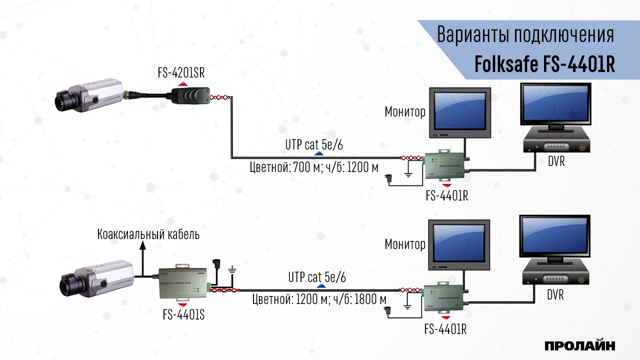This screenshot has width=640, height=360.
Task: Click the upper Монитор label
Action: click(x=405, y=112)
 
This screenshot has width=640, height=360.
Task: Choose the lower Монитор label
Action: click(x=405, y=244)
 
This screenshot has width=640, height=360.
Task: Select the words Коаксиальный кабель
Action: click(x=148, y=234)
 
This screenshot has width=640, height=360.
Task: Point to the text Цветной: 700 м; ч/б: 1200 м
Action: click(x=314, y=167)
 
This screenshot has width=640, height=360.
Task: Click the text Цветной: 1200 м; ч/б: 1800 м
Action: click(x=319, y=299)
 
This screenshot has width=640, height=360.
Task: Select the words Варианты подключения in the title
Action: click(x=525, y=36)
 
